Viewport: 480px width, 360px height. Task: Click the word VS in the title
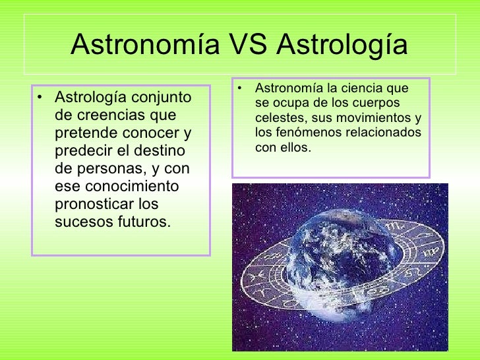[249, 45]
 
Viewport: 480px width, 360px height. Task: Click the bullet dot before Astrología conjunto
[42, 99]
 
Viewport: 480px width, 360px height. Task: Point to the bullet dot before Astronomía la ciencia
[242, 88]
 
